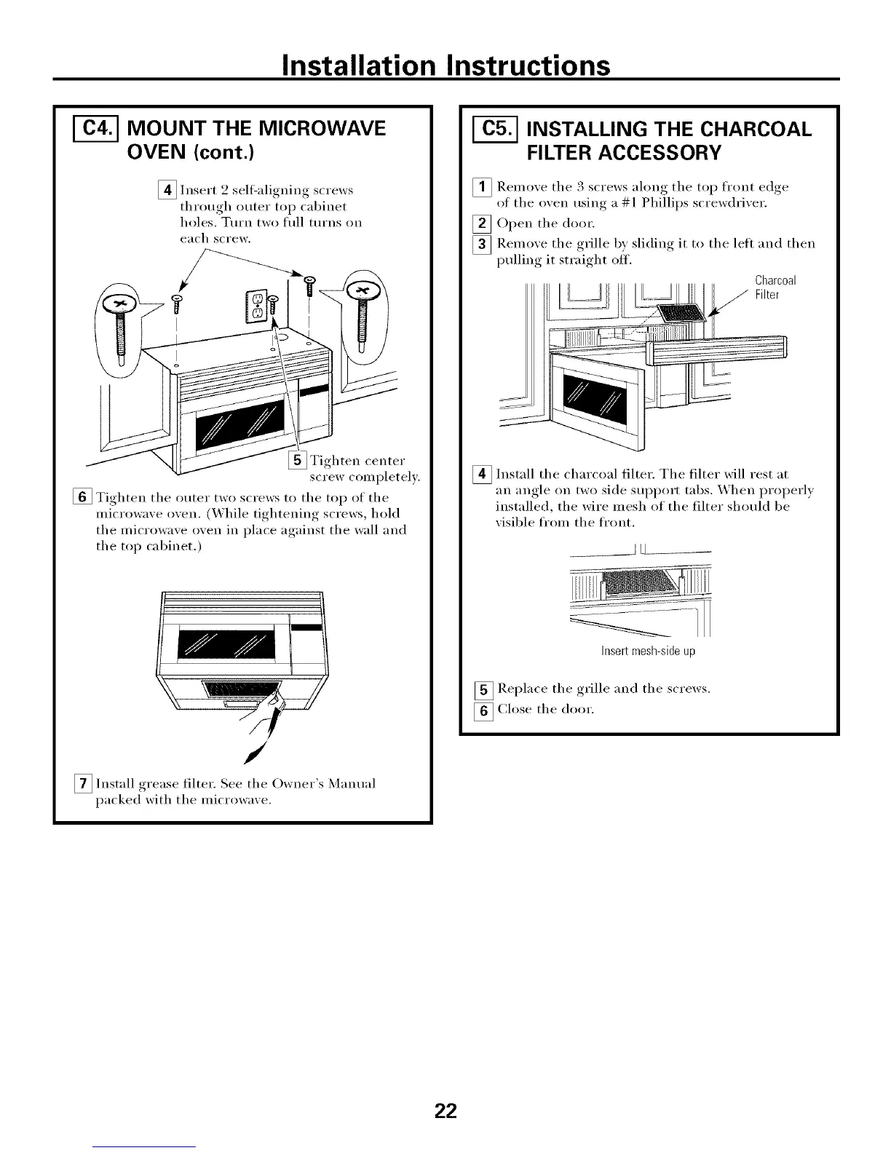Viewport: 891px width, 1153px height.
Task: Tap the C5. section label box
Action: pyautogui.click(x=490, y=130)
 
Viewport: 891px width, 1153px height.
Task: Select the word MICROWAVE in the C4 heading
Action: pyautogui.click(x=313, y=130)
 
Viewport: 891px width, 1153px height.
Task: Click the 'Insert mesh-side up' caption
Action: pyautogui.click(x=648, y=651)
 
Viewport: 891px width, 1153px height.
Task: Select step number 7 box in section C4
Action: pyautogui.click(x=84, y=784)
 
